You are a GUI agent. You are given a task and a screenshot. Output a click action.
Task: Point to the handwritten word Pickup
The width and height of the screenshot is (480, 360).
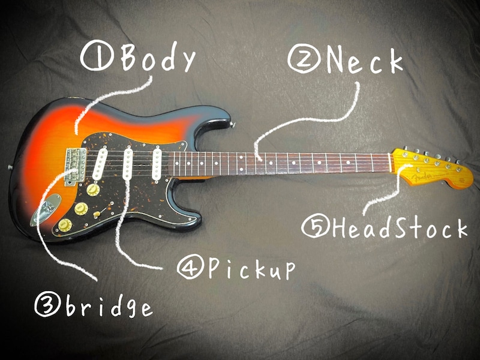252,270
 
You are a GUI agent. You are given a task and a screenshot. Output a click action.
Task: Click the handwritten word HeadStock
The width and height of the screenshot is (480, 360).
397,229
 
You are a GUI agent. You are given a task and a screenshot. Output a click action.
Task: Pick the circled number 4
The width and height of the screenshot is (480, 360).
190,268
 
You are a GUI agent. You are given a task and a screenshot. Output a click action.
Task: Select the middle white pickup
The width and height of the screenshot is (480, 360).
128,163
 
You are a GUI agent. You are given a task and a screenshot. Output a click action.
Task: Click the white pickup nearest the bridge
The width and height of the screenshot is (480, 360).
100,165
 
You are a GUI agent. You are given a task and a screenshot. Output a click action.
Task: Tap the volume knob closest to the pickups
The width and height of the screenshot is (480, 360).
93,190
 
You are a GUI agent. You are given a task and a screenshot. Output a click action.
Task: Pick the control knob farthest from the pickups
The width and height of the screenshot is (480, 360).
65,225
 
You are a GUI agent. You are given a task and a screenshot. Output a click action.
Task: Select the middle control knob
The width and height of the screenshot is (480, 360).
80,208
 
